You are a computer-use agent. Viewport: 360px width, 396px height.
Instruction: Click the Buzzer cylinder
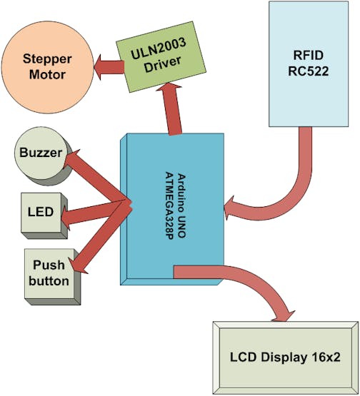[41, 153]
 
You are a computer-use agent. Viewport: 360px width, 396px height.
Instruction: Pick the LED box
[41, 213]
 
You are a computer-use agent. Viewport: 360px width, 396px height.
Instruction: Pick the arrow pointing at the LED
[93, 213]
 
